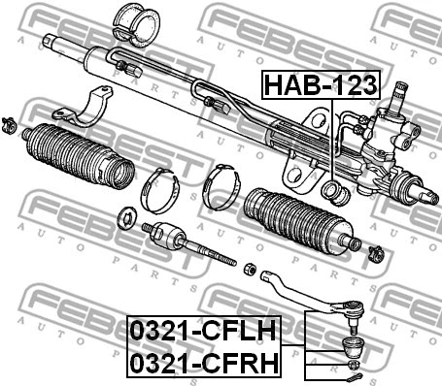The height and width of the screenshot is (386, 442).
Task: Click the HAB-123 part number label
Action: tap(321, 84)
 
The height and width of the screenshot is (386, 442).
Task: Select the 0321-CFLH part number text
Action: tap(203, 331)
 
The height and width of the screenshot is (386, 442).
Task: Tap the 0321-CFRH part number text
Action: tap(204, 363)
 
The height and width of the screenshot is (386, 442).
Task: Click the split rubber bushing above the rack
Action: tap(136, 25)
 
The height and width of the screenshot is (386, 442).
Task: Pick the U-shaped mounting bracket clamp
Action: tap(84, 107)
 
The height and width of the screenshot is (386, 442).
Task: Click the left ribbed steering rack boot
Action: tap(80, 154)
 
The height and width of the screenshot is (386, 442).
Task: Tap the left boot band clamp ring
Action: tap(160, 190)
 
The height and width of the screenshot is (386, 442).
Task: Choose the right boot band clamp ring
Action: tap(221, 186)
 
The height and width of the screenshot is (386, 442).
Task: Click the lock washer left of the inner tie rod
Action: tap(127, 218)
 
